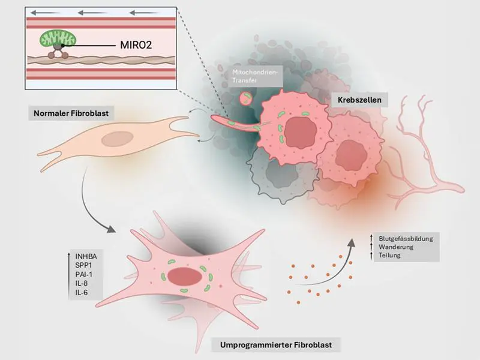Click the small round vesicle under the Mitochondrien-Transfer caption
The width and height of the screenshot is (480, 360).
[x=245, y=98]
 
